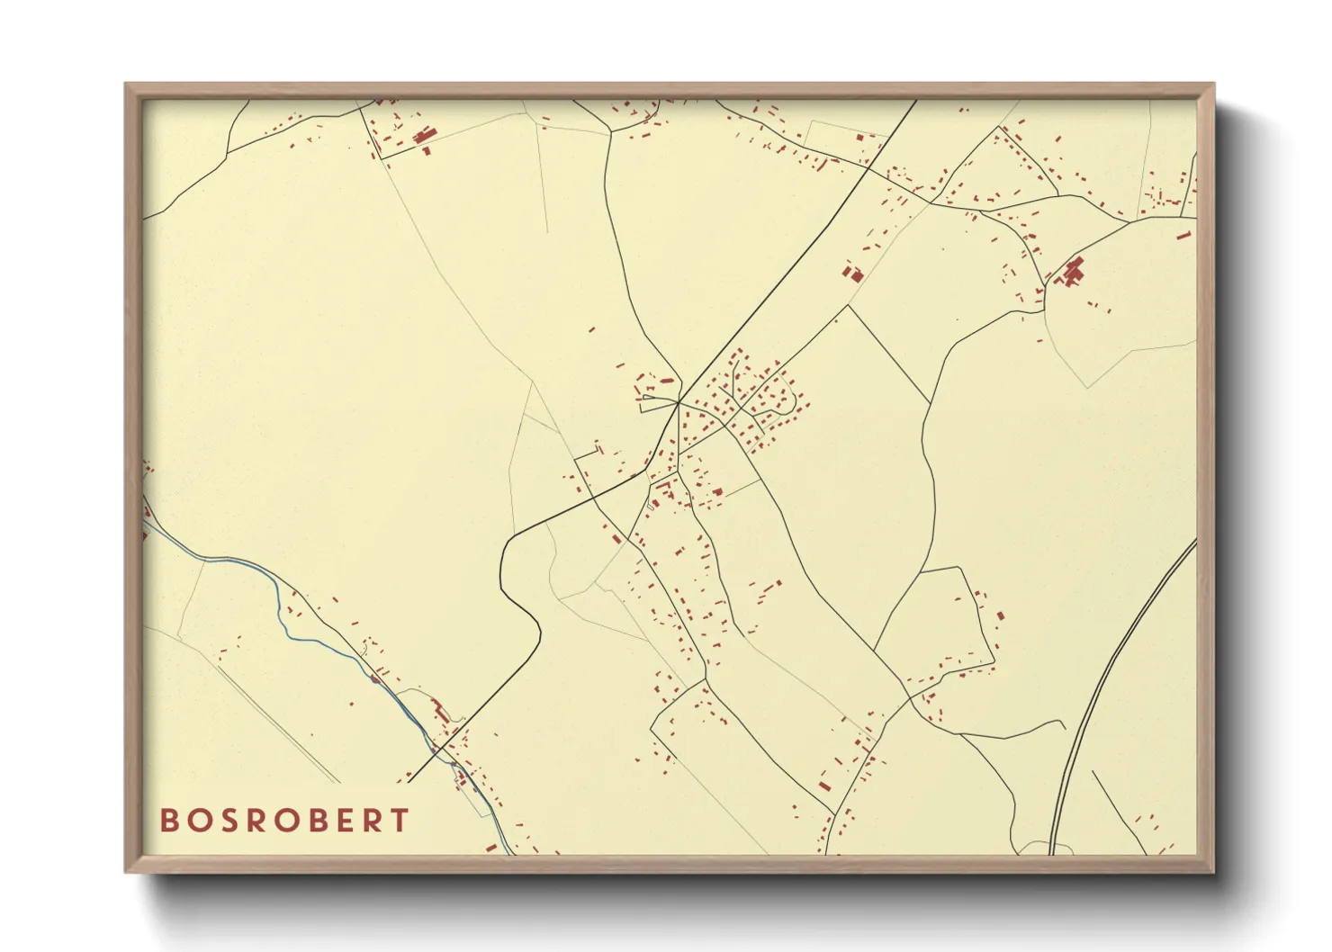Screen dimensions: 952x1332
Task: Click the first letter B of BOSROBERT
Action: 169,821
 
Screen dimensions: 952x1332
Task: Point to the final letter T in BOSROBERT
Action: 400,821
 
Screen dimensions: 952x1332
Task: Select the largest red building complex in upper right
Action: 1072,271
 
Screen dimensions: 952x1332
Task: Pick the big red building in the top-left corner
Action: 424,136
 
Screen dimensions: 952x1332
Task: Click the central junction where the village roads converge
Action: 679,404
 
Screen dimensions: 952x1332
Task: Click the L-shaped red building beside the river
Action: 440,711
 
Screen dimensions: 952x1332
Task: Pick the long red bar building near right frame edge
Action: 1184,236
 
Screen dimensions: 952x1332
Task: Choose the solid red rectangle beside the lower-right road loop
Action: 1000,616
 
